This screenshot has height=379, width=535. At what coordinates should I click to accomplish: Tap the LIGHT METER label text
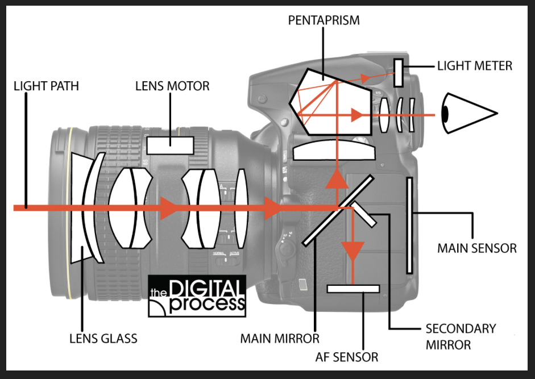pyautogui.click(x=474, y=66)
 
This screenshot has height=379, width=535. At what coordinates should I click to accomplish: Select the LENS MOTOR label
pyautogui.click(x=172, y=86)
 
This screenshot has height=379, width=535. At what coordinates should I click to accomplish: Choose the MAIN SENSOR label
pyautogui.click(x=476, y=248)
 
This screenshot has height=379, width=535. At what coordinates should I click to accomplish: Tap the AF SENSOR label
pyautogui.click(x=347, y=357)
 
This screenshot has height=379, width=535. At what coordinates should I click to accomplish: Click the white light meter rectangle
pyautogui.click(x=398, y=73)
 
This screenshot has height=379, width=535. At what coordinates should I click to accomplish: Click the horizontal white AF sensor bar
pyautogui.click(x=353, y=289)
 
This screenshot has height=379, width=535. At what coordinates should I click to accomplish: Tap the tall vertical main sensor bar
pyautogui.click(x=409, y=225)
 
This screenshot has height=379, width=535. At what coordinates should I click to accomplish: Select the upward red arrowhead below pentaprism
pyautogui.click(x=337, y=180)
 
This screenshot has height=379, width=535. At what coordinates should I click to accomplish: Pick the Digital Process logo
pyautogui.click(x=197, y=295)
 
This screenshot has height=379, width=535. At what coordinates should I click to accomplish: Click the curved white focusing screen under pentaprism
pyautogui.click(x=334, y=151)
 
